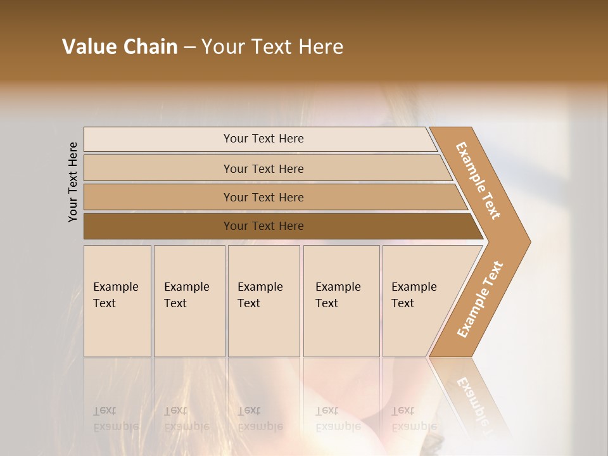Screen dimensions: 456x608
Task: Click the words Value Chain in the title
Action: [120, 47]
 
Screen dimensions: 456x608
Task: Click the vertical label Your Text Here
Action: [73, 182]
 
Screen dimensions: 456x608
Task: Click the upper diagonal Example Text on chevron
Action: [478, 180]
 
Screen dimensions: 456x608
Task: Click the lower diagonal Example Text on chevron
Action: [479, 300]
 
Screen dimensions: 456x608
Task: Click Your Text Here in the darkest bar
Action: [263, 226]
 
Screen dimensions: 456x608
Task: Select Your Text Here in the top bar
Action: [263, 139]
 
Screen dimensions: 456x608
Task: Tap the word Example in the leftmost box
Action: [115, 287]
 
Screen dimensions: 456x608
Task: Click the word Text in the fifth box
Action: [402, 303]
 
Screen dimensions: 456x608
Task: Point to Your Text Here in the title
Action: [272, 47]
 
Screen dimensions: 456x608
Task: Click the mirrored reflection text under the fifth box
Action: [414, 419]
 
